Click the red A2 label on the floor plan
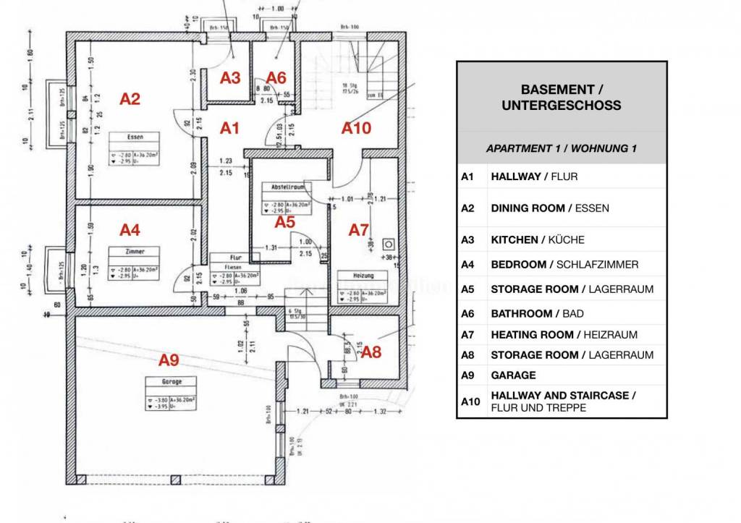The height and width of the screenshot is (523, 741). coord(130,99)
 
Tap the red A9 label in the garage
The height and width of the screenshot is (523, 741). coord(169,358)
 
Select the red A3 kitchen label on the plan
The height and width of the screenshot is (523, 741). coord(230,78)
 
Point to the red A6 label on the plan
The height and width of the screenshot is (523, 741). coord(276,77)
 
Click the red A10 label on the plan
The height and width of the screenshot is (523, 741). coord(356,128)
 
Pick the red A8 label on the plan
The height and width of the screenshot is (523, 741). coord(370,352)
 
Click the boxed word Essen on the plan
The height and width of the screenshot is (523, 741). coord(135,136)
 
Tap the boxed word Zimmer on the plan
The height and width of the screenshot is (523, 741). coord(135,251)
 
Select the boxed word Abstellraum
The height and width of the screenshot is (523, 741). coord(287,187)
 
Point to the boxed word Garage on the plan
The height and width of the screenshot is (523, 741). coord(172,381)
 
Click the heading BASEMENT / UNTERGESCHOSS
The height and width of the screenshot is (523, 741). coord(561,97)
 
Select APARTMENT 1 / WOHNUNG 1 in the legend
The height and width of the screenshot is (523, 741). coord(561,148)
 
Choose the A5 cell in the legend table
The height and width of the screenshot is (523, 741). coord(467,289)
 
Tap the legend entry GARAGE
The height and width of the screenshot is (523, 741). coord(513,375)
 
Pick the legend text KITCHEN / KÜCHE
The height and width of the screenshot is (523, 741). coord(537,239)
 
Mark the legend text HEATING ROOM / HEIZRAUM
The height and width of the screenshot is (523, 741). coord(564,334)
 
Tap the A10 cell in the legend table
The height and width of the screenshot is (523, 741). coord(470,401)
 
